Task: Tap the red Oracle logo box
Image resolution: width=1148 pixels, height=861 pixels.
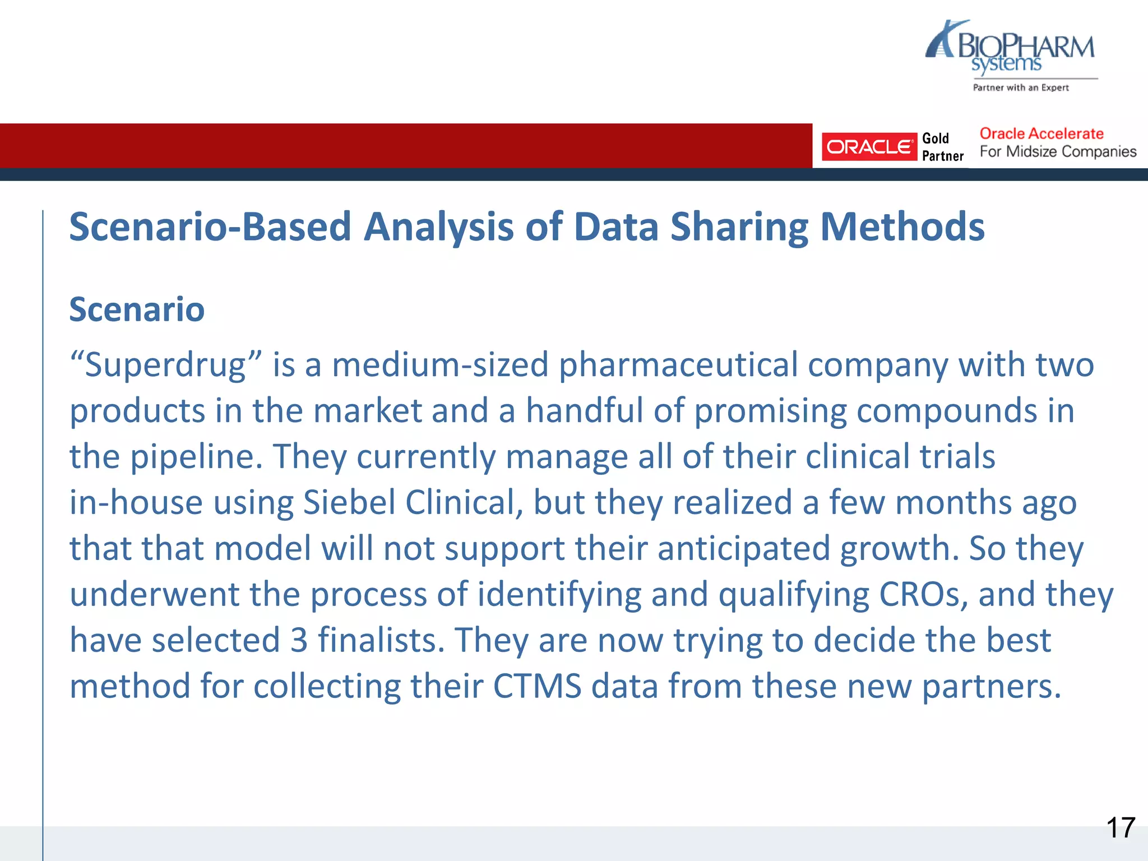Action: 869,147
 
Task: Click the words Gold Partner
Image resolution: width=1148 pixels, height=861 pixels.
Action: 942,147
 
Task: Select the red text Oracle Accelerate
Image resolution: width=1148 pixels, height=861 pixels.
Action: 1041,134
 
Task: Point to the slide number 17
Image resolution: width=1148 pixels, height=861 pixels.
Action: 1120,828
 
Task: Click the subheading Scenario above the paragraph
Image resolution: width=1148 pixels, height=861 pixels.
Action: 137,309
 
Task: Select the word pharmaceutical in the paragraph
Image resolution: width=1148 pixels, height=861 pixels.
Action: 678,365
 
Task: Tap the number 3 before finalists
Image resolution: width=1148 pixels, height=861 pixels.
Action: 299,640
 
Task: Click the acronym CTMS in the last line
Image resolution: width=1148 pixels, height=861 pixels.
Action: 537,686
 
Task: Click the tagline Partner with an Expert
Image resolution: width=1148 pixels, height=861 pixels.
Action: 1021,87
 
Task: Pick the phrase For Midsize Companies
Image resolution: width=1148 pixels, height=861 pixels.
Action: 1058,152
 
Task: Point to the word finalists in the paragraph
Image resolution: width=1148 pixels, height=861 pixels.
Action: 381,640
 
